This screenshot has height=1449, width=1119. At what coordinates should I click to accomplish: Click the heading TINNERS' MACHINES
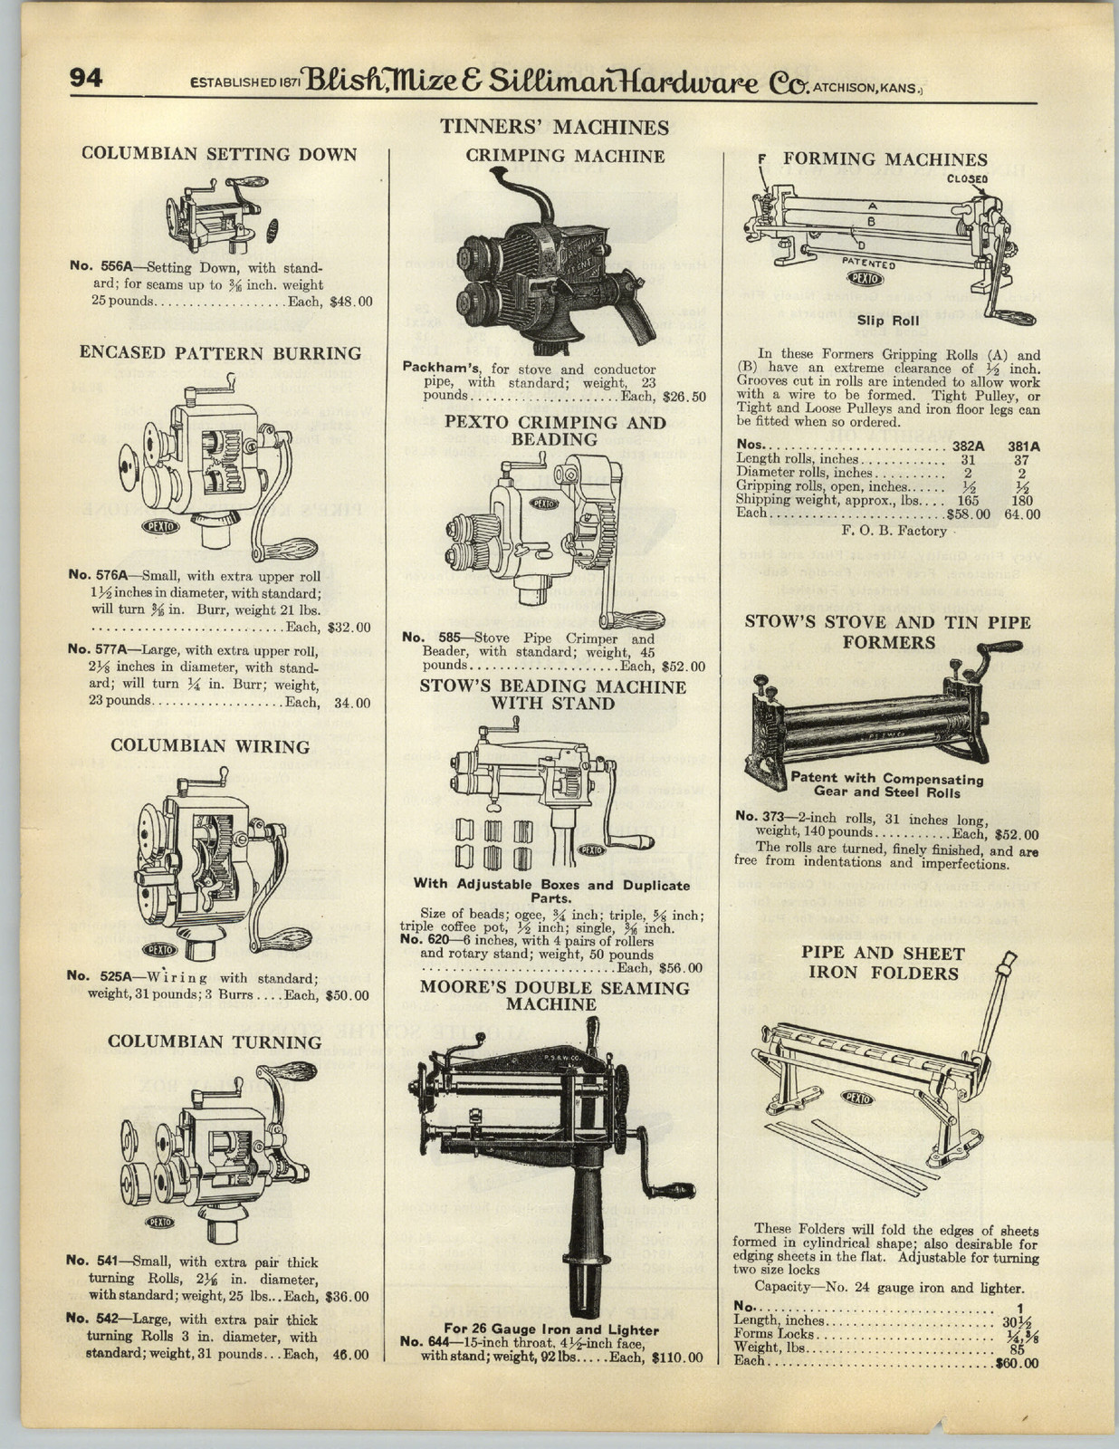554,128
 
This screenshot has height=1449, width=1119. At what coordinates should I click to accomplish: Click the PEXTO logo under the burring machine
161,526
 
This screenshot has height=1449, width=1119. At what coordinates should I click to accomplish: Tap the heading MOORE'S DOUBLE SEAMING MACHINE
553,995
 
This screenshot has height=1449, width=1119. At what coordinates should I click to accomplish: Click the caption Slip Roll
888,320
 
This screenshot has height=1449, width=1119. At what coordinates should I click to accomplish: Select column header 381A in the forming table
1023,446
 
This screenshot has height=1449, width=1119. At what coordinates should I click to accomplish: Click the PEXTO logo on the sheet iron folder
856,1097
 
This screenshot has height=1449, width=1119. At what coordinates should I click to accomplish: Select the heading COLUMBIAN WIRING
210,746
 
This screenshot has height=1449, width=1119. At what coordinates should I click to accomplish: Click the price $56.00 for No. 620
681,967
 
